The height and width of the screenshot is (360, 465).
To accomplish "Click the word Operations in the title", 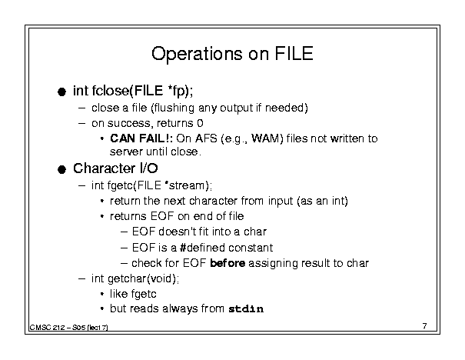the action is click(x=197, y=55).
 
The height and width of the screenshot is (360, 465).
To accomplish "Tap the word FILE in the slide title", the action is click(x=294, y=53).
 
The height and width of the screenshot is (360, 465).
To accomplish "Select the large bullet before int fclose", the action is click(x=61, y=92).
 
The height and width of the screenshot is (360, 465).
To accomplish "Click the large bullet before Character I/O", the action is click(x=61, y=169).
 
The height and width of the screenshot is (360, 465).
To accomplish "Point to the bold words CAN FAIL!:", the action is click(x=141, y=138).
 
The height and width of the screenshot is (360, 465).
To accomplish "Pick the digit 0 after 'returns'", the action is click(x=200, y=123).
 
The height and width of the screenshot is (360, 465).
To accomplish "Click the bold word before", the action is click(x=228, y=263).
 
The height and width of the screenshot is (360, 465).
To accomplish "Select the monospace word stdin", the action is click(x=246, y=309).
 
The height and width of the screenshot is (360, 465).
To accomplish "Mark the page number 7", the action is click(x=425, y=326).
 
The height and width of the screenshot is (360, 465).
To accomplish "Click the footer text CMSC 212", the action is click(x=47, y=328).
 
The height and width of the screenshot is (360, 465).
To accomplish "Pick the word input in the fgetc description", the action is click(x=281, y=202).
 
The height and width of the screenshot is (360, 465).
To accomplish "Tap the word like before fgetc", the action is click(x=119, y=294).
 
